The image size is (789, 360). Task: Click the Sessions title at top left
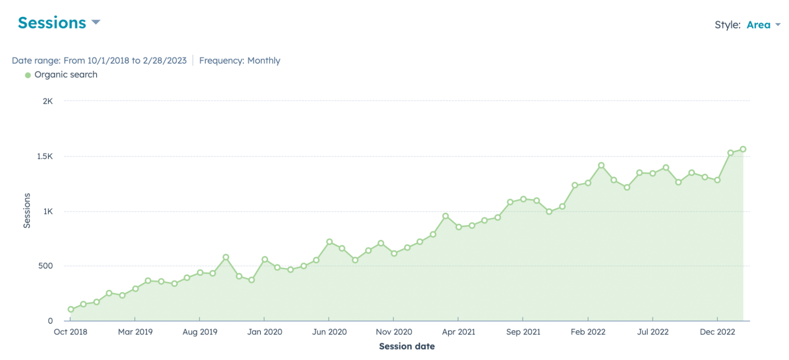[x=52, y=23]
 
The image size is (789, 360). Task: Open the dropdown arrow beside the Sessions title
[x=96, y=22]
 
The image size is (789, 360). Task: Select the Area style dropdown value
[x=759, y=25]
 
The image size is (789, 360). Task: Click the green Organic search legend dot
[x=28, y=75]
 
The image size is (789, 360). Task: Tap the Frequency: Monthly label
[x=240, y=61]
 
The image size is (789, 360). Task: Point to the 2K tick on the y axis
[x=48, y=101]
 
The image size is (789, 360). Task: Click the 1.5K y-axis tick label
[x=45, y=156]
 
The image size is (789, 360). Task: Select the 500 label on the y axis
[x=45, y=266]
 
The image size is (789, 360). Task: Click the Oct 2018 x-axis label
[x=71, y=332]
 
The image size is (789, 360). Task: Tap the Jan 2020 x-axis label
[x=264, y=332]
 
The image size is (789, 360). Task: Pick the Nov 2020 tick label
[x=394, y=332]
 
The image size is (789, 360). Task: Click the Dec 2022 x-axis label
[x=717, y=332]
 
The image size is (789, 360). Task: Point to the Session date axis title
[x=407, y=347]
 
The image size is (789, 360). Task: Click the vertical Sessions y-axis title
[x=27, y=210]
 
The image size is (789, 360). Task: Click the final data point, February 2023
[x=743, y=149]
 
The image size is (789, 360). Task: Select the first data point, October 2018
[x=71, y=309]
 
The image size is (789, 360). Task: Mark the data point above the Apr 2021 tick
[x=459, y=227]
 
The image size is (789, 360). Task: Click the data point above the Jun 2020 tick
[x=330, y=242]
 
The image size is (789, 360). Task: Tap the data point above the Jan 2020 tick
[x=265, y=259]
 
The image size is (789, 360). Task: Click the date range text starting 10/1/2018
[x=99, y=61]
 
